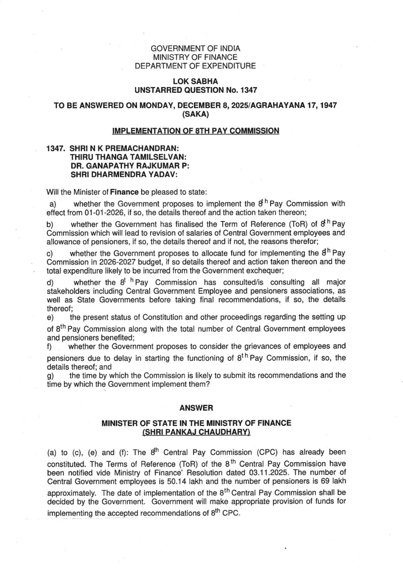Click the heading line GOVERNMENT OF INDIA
click(x=195, y=48)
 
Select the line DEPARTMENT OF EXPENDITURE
click(x=195, y=66)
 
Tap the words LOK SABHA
click(x=195, y=81)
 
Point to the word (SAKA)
click(x=195, y=114)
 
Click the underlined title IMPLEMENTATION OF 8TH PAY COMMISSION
click(x=195, y=131)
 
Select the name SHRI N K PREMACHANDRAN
click(x=124, y=149)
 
